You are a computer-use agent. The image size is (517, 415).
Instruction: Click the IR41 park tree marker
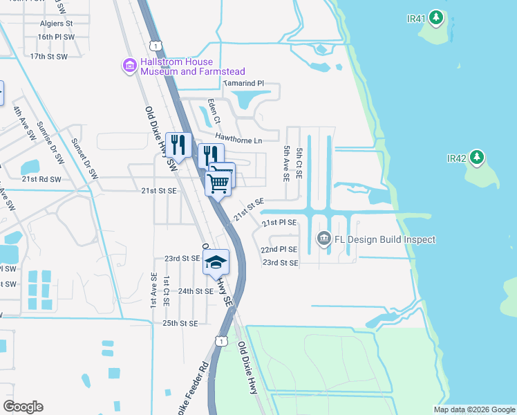(x=435, y=17)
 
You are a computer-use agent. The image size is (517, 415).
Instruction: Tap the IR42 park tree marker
(x=477, y=158)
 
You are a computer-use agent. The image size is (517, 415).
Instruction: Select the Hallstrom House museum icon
(x=129, y=66)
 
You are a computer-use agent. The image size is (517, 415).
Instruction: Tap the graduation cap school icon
(x=216, y=262)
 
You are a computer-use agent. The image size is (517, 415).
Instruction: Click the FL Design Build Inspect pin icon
(x=323, y=239)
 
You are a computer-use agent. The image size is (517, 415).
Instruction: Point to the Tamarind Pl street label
(x=243, y=83)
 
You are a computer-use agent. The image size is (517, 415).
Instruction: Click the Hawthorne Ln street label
(x=239, y=139)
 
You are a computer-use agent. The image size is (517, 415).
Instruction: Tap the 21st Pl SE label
(x=279, y=223)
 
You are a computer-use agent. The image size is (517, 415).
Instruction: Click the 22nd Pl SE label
(x=279, y=249)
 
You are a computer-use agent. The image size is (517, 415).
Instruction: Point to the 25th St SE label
(x=180, y=323)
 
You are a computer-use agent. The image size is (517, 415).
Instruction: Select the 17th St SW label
(x=49, y=55)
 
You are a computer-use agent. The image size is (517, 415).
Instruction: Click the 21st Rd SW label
(x=41, y=178)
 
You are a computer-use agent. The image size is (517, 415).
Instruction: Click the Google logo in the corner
(x=23, y=407)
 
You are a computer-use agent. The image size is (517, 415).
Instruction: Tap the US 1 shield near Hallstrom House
(x=158, y=45)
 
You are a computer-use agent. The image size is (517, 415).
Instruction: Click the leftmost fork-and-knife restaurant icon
(x=179, y=145)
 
